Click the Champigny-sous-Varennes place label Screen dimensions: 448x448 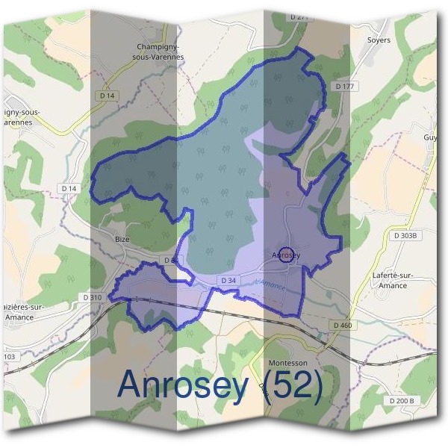click(163, 49)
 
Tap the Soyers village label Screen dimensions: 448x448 click(379, 40)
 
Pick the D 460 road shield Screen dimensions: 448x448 click(342, 325)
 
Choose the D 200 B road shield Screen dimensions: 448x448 click(401, 401)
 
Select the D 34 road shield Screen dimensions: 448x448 click(228, 280)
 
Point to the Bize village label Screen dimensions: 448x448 click(122, 239)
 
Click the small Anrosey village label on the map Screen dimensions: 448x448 click(285, 256)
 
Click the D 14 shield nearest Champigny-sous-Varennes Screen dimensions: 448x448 click(106, 96)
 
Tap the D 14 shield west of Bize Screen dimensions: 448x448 click(69, 189)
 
